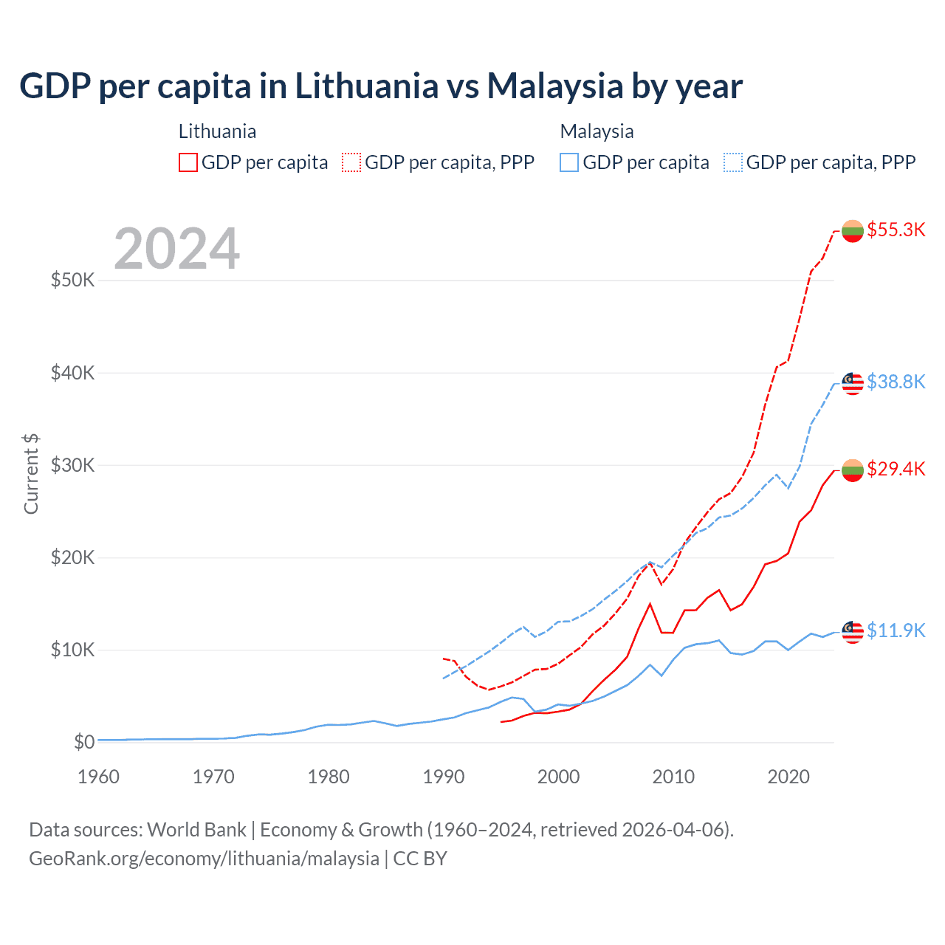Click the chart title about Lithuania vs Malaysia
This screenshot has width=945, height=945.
tap(381, 86)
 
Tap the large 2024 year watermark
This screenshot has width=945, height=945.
tap(177, 249)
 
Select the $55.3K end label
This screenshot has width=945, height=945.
tap(896, 230)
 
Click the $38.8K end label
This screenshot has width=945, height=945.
tap(896, 382)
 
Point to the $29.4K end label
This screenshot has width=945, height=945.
tap(896, 469)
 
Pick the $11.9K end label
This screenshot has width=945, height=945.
tap(896, 630)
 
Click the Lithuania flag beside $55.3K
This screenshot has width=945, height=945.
tap(853, 231)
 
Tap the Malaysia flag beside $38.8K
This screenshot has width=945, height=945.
tap(853, 383)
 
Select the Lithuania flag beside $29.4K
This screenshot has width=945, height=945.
tap(853, 470)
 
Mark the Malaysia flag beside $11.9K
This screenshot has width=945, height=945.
tap(853, 632)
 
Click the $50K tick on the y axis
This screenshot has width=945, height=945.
tap(72, 281)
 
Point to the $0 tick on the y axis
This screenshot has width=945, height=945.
tap(84, 742)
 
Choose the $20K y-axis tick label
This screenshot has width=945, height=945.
tap(72, 557)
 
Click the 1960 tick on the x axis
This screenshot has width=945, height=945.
tap(98, 777)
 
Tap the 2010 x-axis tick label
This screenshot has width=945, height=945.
tap(673, 777)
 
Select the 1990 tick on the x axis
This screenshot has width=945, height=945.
tap(444, 777)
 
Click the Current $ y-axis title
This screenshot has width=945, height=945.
tap(31, 474)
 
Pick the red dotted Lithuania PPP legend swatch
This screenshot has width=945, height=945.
tap(351, 162)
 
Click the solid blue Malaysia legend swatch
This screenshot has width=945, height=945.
tap(569, 162)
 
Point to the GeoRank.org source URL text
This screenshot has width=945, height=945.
tap(204, 859)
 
